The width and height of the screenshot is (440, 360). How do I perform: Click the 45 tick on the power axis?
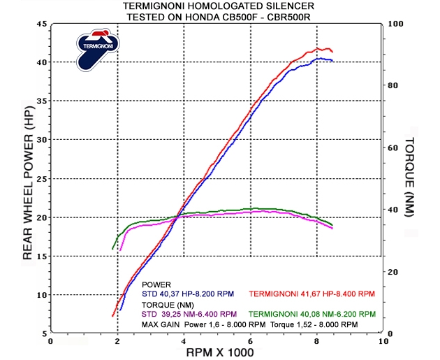41,24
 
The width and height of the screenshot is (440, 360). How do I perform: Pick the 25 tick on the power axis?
41,179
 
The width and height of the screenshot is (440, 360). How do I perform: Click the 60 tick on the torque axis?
393,147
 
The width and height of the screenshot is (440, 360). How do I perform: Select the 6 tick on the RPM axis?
250,342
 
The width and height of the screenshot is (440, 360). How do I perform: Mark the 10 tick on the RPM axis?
383,342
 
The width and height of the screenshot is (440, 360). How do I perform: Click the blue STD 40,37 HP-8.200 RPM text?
186,294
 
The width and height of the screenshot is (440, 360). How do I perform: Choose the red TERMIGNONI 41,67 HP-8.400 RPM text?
311,294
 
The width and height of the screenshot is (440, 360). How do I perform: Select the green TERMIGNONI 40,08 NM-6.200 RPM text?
311,314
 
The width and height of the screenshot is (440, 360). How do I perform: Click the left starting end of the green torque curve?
112,248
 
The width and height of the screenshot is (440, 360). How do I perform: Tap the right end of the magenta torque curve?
332,229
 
